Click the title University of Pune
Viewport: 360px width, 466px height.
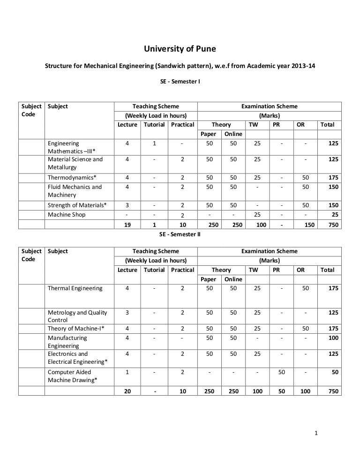(x=180, y=49)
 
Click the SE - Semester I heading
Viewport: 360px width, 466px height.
(x=180, y=82)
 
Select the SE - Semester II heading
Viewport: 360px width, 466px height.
(x=180, y=234)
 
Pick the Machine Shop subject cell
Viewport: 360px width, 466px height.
(x=67, y=214)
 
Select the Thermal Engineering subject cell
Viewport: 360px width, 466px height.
(x=75, y=288)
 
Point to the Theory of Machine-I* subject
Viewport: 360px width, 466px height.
(x=76, y=329)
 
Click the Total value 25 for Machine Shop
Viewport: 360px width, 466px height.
(x=334, y=215)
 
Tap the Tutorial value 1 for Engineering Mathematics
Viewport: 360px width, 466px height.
(x=154, y=143)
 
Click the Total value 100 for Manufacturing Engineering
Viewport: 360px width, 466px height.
(x=333, y=338)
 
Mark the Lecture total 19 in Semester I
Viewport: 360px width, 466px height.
(x=127, y=225)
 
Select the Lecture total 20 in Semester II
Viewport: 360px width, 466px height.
(x=127, y=391)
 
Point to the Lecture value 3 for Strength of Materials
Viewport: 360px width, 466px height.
(x=127, y=205)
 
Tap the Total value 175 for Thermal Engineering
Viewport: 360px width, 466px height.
(x=333, y=288)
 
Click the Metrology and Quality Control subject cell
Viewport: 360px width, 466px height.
(x=77, y=316)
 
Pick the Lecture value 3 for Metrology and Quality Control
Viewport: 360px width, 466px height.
(x=127, y=313)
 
